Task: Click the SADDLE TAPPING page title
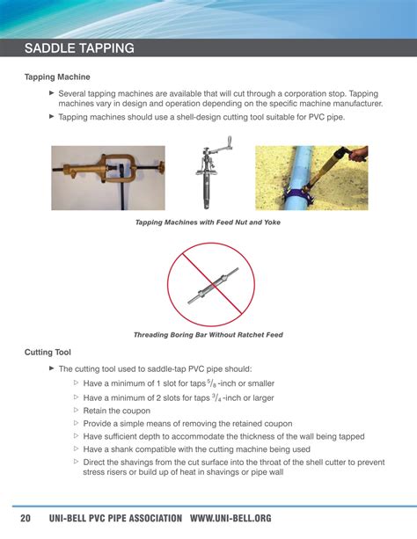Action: coord(79,48)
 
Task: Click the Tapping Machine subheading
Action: coord(57,77)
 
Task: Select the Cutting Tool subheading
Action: coord(48,353)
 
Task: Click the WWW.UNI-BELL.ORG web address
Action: coord(230,518)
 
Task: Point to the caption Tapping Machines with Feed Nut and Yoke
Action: coord(208,222)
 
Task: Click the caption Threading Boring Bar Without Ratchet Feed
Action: coord(208,335)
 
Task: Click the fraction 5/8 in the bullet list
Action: coord(211,383)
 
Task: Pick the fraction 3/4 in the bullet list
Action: coord(216,397)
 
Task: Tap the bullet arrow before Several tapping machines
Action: coord(52,92)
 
